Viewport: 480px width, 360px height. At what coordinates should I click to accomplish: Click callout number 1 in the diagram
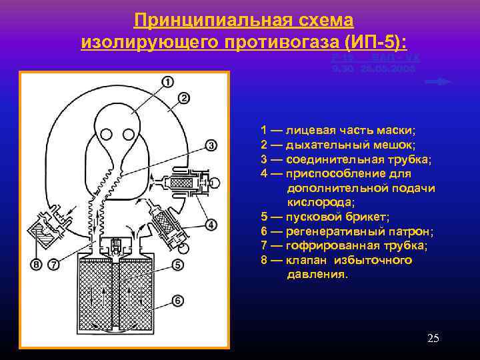[167, 82]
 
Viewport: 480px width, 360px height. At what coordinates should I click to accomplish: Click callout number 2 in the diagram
[183, 98]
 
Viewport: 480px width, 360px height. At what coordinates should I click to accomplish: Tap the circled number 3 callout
[210, 145]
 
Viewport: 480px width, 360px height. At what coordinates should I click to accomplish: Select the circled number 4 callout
[211, 225]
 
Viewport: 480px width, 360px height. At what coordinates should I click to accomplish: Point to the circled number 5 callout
[177, 265]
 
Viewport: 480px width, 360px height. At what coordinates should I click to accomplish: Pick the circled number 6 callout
[177, 301]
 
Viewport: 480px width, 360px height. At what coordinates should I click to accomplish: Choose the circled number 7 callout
[53, 265]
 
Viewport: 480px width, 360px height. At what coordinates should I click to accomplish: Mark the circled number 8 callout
[36, 265]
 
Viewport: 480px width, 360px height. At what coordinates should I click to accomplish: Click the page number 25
[433, 339]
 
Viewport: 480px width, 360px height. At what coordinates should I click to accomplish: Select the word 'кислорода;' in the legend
[317, 203]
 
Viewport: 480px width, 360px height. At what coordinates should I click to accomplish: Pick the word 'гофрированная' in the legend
[324, 245]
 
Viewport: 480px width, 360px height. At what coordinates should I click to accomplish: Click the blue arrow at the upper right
[438, 81]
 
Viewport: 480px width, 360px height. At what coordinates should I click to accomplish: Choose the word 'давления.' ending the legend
[317, 274]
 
